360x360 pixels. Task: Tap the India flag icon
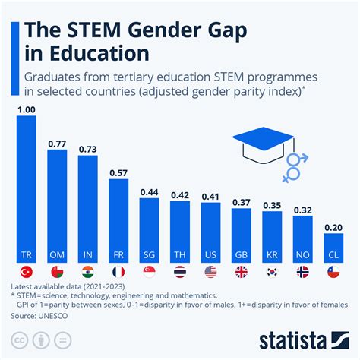click(88, 272)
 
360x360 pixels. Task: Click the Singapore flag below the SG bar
click(150, 272)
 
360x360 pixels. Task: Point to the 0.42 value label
click(180, 194)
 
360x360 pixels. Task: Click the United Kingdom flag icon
click(242, 272)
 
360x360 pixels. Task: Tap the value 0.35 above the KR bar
click(272, 204)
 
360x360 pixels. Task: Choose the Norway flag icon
click(302, 272)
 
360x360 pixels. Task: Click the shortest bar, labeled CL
click(333, 247)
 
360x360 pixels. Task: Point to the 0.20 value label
click(333, 226)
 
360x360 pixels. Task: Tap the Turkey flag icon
click(27, 272)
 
